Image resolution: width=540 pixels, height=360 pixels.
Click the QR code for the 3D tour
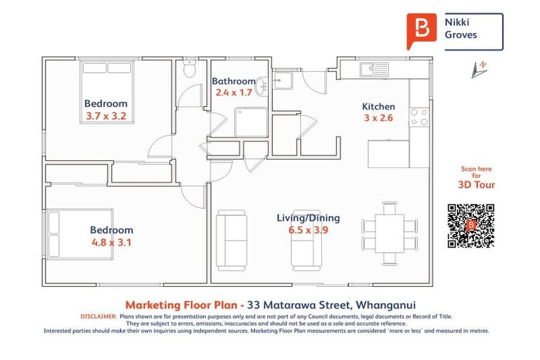click(470, 226)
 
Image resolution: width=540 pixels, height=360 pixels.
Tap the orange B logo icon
click(421, 30)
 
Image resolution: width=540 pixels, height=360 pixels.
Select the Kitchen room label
click(378, 106)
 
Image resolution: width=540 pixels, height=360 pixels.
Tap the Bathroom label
click(233, 82)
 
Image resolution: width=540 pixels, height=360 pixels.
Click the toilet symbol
click(188, 70)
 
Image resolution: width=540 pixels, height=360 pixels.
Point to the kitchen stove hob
click(418, 117)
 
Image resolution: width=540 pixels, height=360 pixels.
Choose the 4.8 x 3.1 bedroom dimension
click(111, 242)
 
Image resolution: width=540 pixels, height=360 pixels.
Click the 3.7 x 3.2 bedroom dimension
click(106, 116)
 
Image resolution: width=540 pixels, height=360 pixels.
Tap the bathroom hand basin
click(262, 85)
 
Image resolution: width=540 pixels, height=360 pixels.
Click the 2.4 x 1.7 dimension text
click(233, 92)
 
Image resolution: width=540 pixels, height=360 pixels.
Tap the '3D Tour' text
click(476, 185)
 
